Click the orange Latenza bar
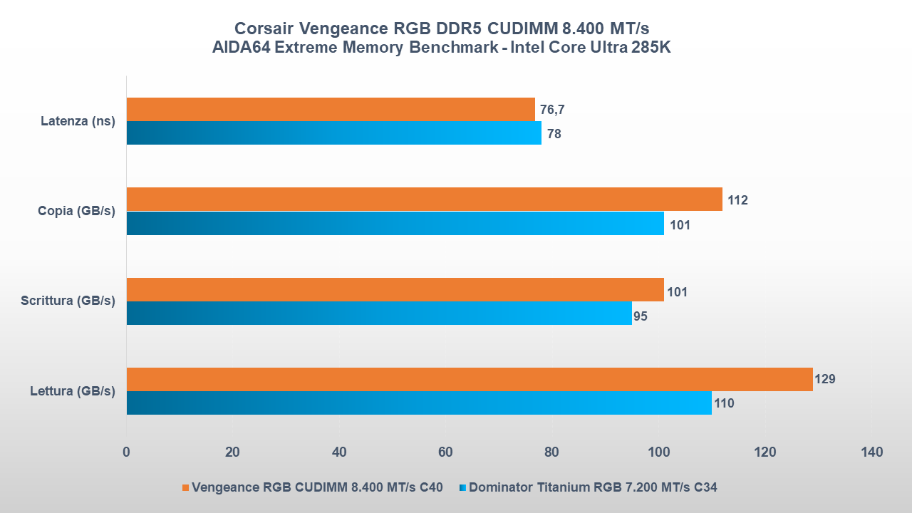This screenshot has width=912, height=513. [331, 109]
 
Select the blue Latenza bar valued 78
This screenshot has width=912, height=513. [334, 133]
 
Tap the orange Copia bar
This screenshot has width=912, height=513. [425, 199]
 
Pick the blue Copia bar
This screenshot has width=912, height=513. [395, 223]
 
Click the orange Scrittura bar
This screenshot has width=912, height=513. [395, 289]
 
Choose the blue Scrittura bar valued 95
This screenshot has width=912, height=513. [379, 313]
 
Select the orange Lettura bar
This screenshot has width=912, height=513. [470, 379]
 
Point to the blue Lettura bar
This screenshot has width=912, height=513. [419, 403]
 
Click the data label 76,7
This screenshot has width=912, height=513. [552, 110]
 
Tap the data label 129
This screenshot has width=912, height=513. [824, 379]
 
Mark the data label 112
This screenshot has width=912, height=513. [737, 200]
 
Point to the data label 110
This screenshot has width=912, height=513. [724, 403]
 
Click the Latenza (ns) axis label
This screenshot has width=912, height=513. [78, 121]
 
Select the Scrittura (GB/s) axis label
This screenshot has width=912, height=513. [68, 301]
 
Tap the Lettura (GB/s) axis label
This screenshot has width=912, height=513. [73, 390]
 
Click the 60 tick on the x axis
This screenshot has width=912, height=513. [445, 452]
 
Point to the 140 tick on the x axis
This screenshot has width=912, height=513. [871, 452]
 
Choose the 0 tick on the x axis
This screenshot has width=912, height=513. [126, 452]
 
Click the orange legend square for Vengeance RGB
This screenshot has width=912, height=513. [186, 488]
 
